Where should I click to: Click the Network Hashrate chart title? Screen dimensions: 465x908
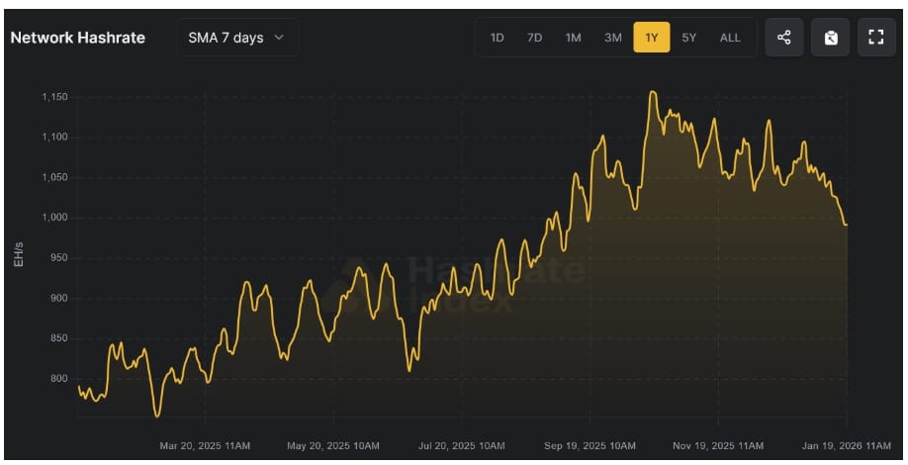click(77, 38)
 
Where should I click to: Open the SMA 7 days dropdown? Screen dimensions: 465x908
click(236, 38)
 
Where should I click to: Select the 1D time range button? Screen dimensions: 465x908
click(498, 38)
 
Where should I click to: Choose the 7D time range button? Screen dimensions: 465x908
click(535, 38)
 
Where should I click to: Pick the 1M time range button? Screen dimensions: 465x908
click(573, 38)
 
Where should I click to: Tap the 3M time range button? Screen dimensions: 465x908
click(613, 38)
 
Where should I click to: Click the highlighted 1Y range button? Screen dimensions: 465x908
click(652, 38)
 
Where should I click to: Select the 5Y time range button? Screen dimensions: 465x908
click(689, 38)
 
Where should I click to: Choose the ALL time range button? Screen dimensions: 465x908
click(730, 38)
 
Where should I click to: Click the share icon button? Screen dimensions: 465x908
click(784, 38)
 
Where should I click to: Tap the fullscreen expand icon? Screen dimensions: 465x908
click(875, 38)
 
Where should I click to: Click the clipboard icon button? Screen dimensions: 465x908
click(830, 38)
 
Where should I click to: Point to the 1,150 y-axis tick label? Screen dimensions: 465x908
click(53, 97)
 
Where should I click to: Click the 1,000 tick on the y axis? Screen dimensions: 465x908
click(53, 218)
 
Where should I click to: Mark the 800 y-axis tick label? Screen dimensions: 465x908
click(59, 379)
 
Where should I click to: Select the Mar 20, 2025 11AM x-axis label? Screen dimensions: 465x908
click(205, 446)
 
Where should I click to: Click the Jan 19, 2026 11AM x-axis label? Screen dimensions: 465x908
click(848, 446)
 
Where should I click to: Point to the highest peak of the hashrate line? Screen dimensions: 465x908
click(652, 92)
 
